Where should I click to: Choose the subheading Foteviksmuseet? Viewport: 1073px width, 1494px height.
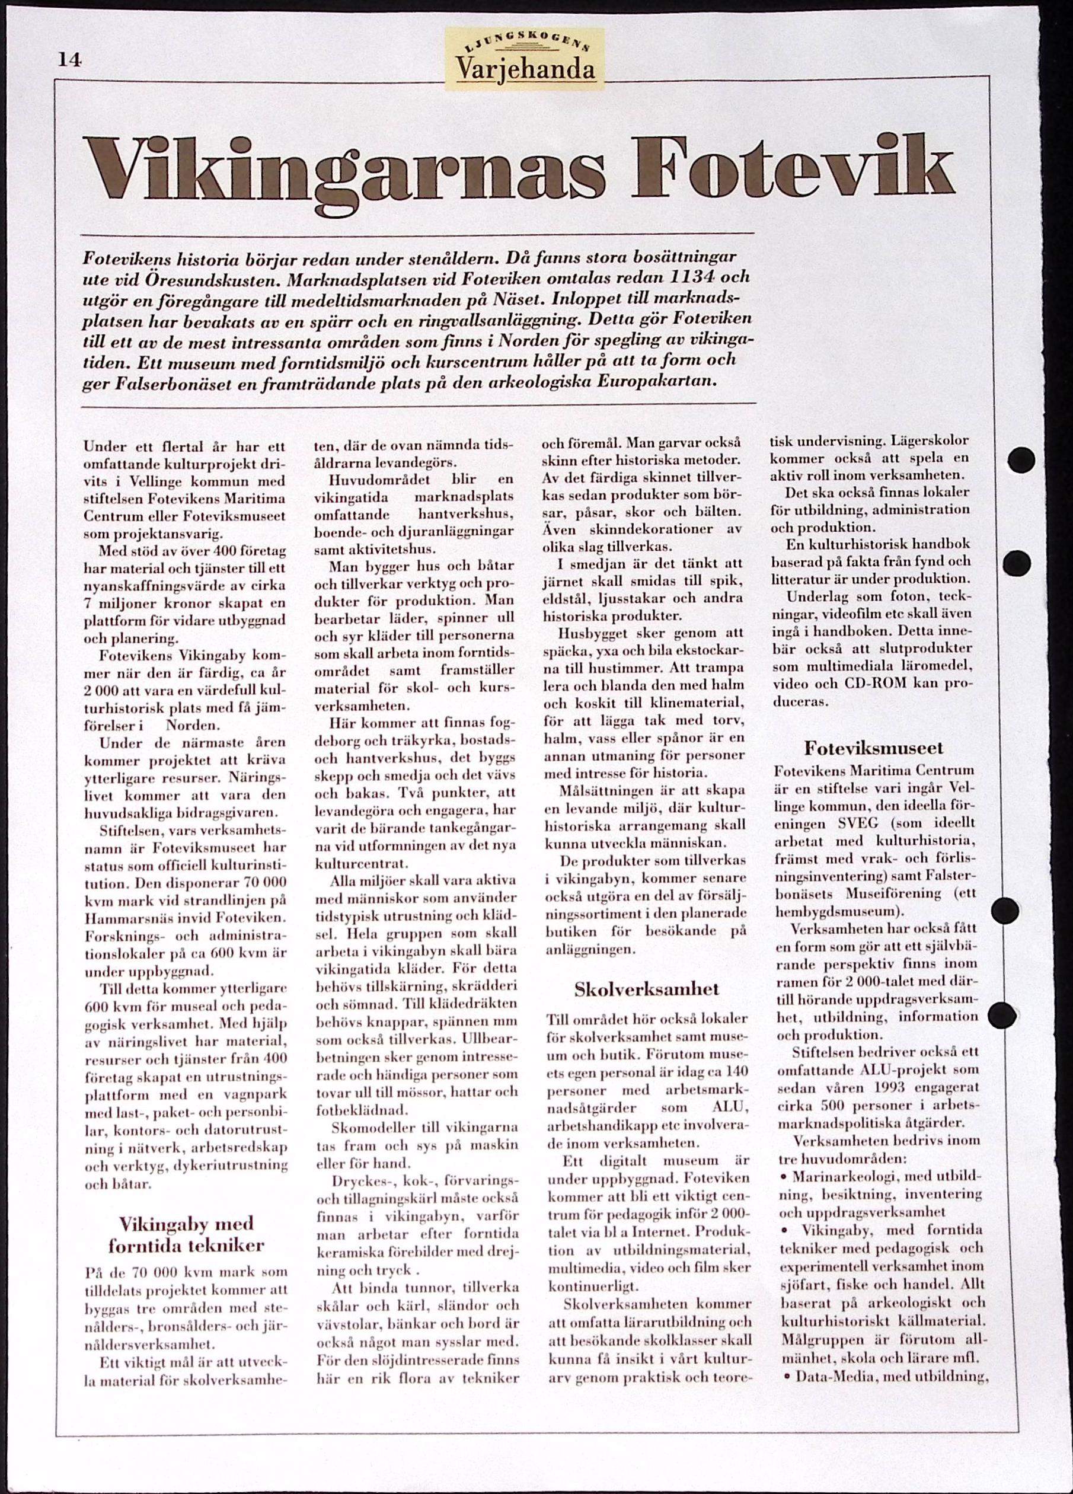pos(873,748)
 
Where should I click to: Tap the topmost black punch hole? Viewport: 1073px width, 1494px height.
pos(1020,459)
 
